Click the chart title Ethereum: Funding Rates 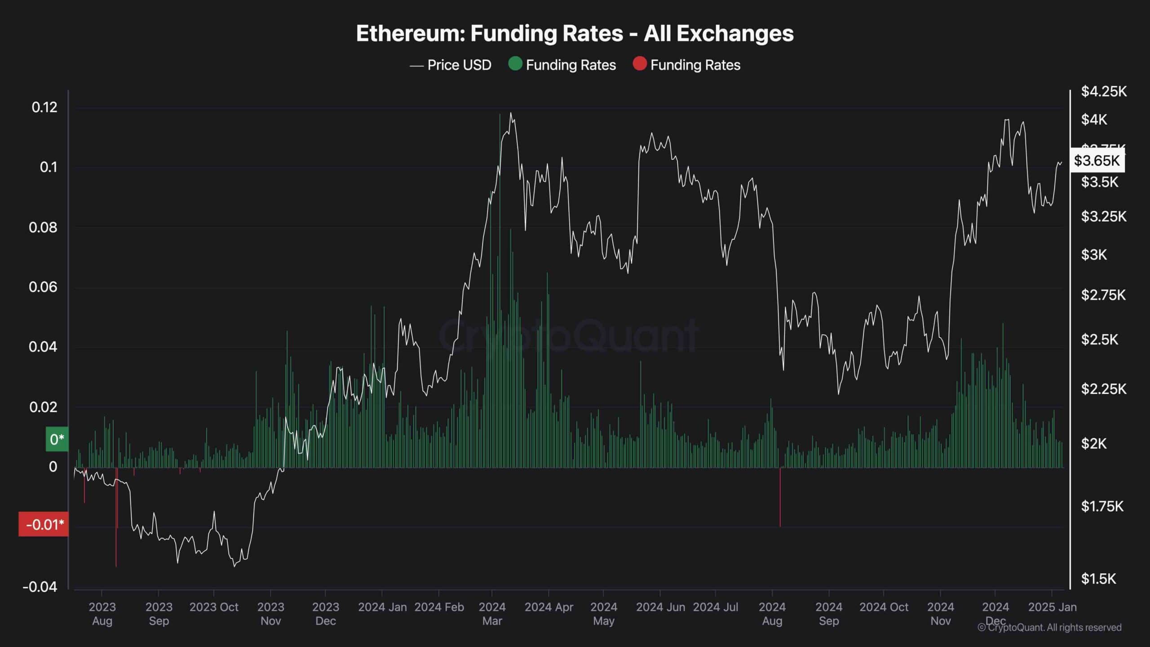575,34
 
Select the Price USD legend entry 451,65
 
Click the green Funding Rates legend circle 515,64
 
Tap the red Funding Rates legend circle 639,64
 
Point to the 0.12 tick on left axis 44,107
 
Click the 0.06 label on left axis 43,287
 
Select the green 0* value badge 57,439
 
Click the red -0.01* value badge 44,524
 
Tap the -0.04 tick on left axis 40,587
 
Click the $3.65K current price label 1097,160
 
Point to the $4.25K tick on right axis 1104,92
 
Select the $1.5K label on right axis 1098,579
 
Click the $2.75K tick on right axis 1103,295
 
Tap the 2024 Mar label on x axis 492,614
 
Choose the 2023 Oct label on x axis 214,607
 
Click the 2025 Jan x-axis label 1052,607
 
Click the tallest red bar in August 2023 116,517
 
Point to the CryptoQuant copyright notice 1049,628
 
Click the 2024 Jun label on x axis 660,607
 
